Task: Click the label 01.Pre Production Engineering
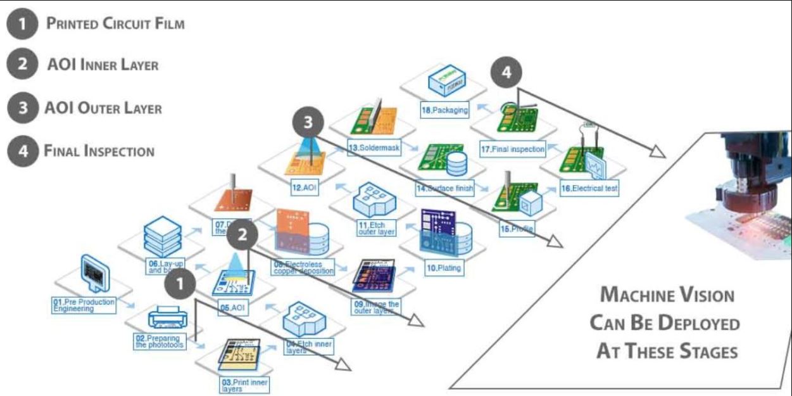[x=84, y=305]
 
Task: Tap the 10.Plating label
[x=443, y=268]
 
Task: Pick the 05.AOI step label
[x=232, y=309]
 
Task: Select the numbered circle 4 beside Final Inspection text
[x=22, y=152]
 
